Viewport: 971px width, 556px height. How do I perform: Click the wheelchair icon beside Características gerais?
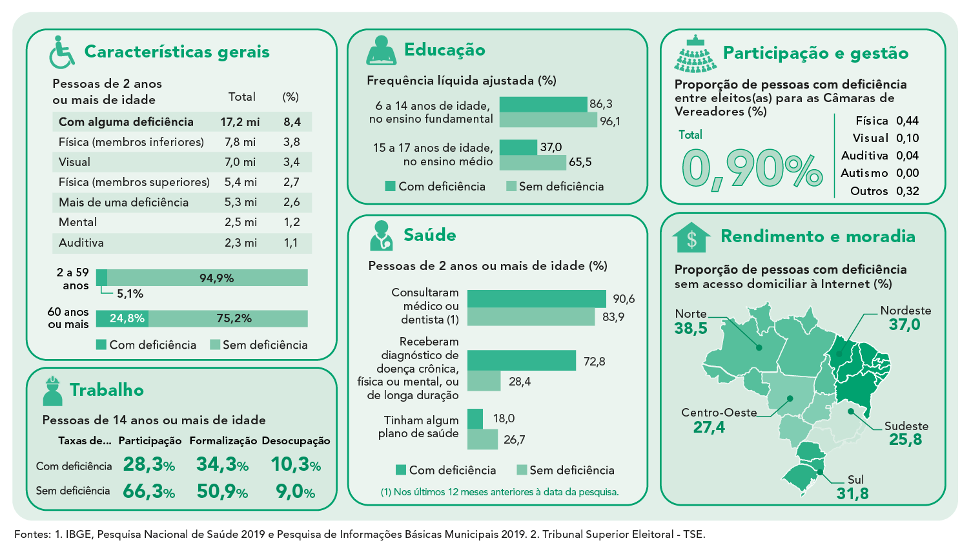(x=62, y=52)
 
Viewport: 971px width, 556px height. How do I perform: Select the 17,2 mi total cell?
(x=240, y=122)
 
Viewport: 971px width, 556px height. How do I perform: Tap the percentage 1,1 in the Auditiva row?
(x=291, y=243)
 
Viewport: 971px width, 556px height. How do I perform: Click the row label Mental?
(x=77, y=222)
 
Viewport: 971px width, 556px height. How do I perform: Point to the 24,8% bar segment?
(x=122, y=318)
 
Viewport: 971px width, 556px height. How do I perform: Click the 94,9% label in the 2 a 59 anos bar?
(x=216, y=278)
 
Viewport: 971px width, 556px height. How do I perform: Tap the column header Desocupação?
(x=296, y=440)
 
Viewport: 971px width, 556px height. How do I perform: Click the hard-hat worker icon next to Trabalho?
(x=52, y=391)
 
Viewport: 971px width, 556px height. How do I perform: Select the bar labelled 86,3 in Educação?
(x=543, y=104)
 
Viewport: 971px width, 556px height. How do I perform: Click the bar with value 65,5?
(x=533, y=162)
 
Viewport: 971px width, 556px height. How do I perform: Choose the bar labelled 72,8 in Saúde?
(x=522, y=361)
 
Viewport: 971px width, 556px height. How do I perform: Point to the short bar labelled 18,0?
(x=475, y=418)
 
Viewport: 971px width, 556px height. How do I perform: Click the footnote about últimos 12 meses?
(x=500, y=492)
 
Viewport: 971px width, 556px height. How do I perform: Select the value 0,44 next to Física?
(x=907, y=121)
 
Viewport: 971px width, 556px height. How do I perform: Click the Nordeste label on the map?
(x=906, y=311)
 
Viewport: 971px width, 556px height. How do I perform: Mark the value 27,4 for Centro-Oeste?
(x=709, y=427)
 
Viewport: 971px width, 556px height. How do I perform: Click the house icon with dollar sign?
(x=691, y=238)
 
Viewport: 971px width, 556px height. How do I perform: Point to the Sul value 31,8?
(x=852, y=494)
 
